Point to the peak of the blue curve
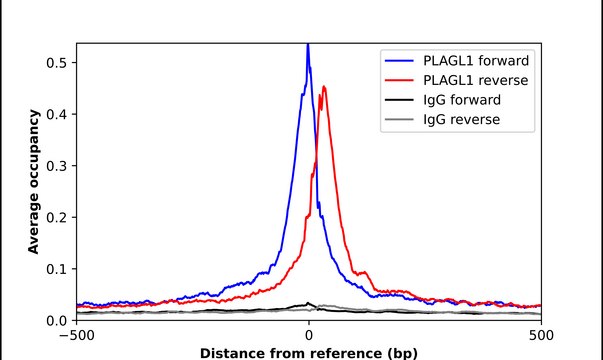tap(308, 45)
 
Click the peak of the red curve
tap(324, 87)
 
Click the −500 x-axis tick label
tap(76, 337)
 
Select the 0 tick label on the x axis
tap(308, 337)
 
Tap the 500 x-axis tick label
tap(541, 337)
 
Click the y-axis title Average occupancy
tap(34, 182)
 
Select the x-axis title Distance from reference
tap(308, 353)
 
